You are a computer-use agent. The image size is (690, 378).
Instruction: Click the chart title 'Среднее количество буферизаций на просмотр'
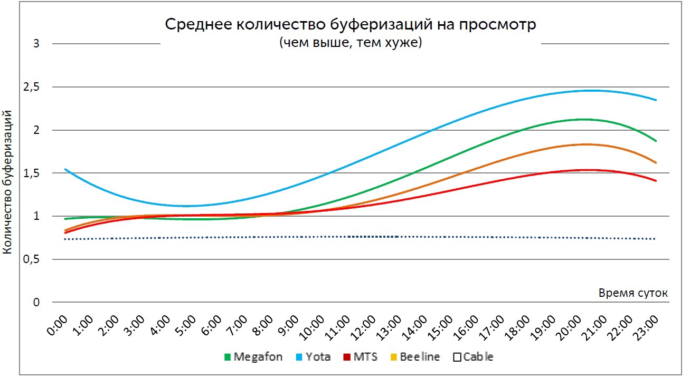(x=351, y=25)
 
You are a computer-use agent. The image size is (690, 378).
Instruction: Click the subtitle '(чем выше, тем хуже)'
(x=351, y=43)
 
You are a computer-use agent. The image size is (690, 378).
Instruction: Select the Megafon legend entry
(x=253, y=357)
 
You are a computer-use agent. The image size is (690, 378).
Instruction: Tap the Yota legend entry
(x=314, y=357)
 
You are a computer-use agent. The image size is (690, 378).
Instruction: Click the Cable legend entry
(x=474, y=357)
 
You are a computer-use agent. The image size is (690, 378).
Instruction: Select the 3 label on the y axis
(x=36, y=44)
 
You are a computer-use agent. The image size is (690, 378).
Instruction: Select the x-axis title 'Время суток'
(x=633, y=293)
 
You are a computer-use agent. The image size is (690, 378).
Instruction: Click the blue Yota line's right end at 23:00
(x=656, y=100)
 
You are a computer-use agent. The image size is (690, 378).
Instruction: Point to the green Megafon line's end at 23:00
(x=656, y=141)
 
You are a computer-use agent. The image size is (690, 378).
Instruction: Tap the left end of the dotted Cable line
(x=65, y=239)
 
